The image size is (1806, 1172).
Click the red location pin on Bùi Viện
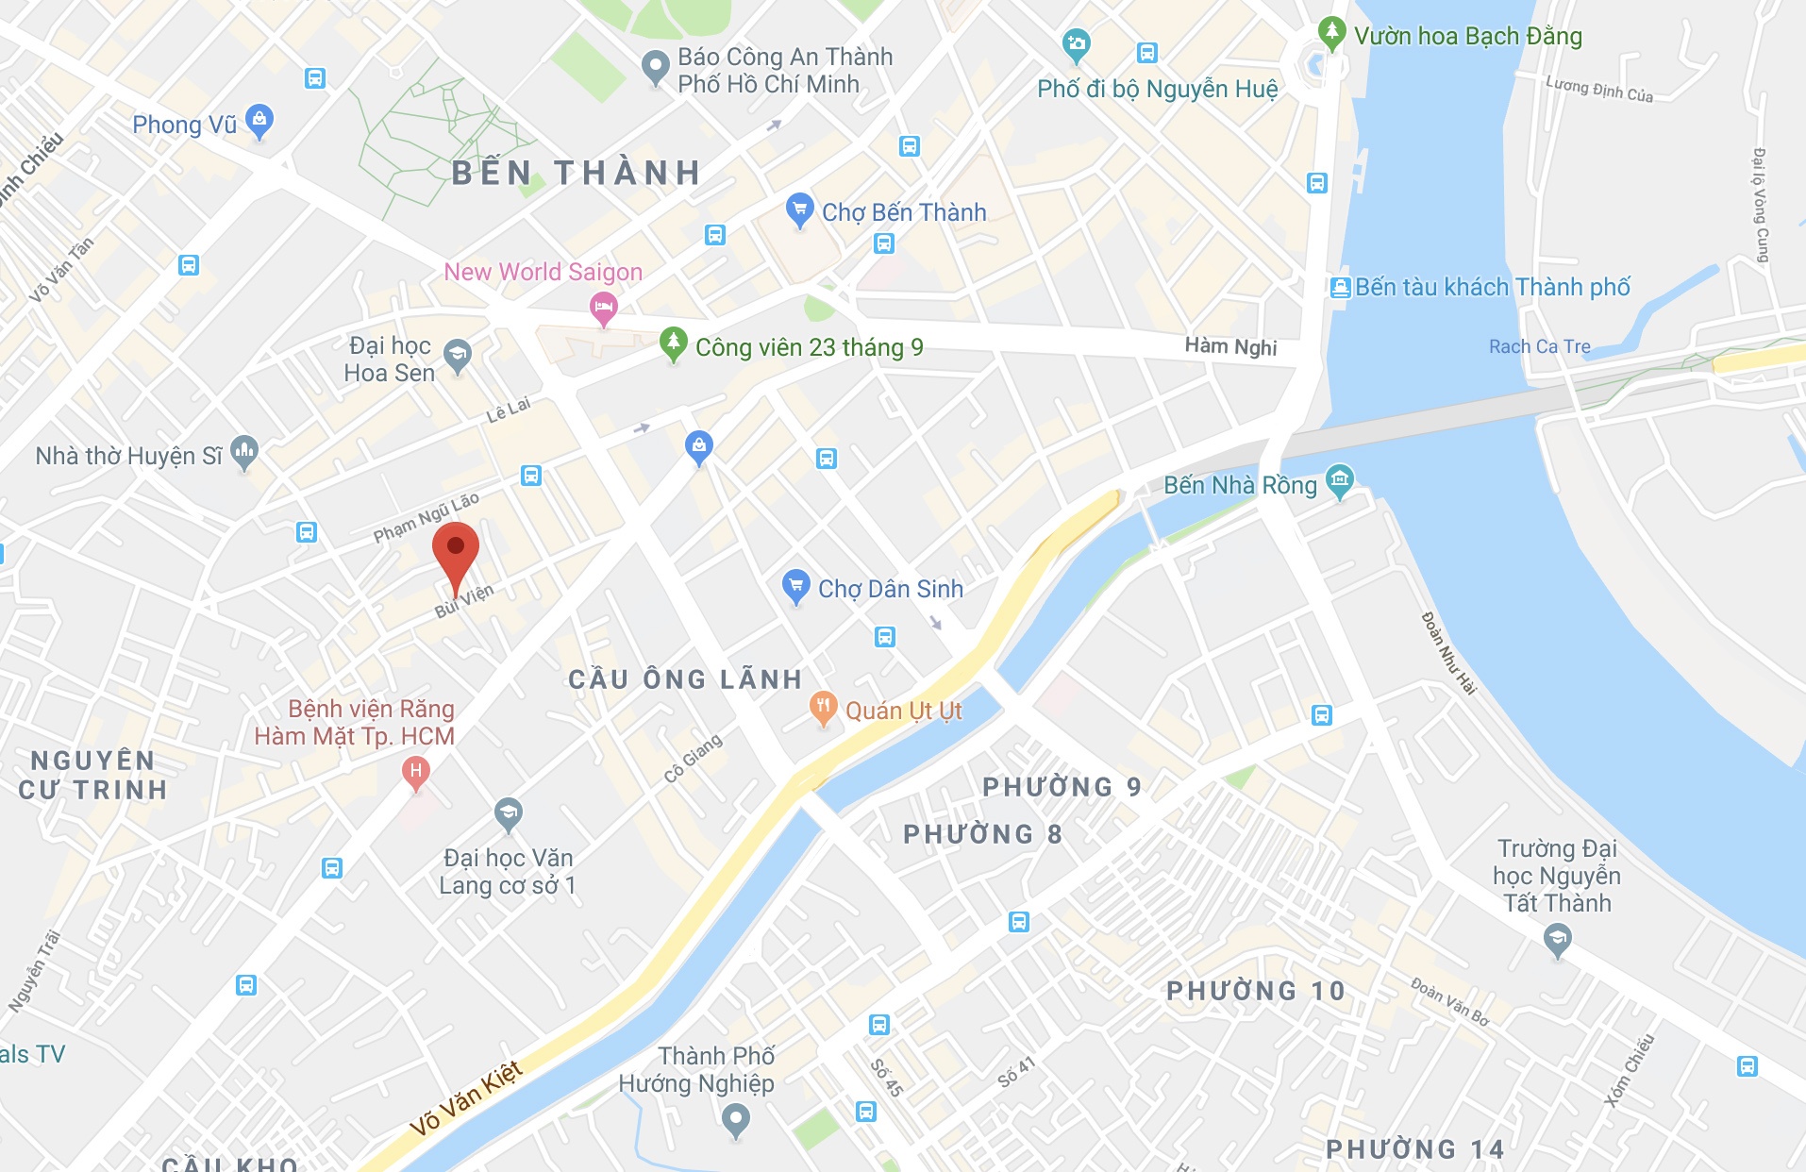456,550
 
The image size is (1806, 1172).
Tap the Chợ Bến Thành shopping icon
799,209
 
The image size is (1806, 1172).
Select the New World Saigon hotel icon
604,306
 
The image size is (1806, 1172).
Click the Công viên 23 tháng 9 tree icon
673,343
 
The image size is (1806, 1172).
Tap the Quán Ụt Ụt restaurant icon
823,706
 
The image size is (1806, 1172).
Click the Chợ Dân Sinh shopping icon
795,585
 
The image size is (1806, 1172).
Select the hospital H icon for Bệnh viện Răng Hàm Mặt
416,771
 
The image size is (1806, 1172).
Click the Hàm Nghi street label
1230,346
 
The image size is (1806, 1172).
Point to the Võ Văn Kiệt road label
466,1097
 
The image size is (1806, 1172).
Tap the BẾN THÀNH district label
577,173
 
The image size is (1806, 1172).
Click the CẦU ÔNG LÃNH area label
685,679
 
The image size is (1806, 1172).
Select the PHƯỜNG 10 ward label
1255,991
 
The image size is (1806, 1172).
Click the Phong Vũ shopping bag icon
259,120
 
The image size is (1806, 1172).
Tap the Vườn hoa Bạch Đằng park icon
1331,32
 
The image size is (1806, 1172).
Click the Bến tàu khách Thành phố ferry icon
1340,288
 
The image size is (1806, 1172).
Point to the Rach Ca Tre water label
1539,346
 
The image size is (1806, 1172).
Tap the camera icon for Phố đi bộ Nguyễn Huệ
1076,43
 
